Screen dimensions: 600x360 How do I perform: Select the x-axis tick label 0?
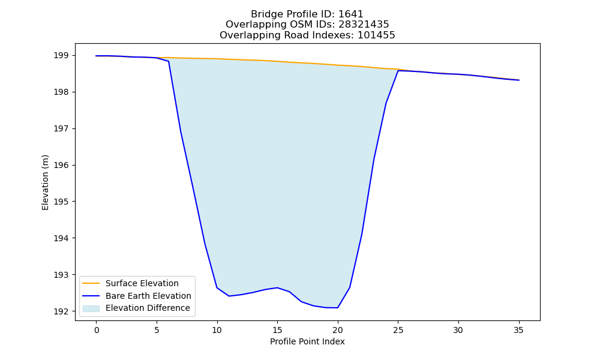pyautogui.click(x=97, y=330)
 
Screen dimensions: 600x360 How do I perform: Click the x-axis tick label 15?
pyautogui.click(x=277, y=330)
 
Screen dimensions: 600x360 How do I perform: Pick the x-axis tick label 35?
pyautogui.click(x=518, y=330)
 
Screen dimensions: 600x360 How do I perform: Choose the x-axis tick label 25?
pyautogui.click(x=398, y=330)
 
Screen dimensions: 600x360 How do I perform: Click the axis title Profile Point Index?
pyautogui.click(x=307, y=341)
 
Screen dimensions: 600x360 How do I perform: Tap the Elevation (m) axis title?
pyautogui.click(x=46, y=182)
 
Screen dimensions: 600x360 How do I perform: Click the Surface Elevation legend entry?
pyautogui.click(x=142, y=283)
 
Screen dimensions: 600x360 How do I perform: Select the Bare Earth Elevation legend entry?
pyautogui.click(x=148, y=296)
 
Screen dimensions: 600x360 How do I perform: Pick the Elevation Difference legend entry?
pyautogui.click(x=148, y=308)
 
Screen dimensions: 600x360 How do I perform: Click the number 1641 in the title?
pyautogui.click(x=351, y=14)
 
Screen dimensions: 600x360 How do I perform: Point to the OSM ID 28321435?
pyautogui.click(x=364, y=25)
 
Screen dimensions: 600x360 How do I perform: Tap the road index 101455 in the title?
pyautogui.click(x=376, y=35)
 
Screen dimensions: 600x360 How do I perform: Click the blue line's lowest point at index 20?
pyautogui.click(x=337, y=308)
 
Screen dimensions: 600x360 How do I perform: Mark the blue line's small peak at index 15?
pyautogui.click(x=277, y=287)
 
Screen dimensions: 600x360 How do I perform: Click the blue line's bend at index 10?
pyautogui.click(x=217, y=287)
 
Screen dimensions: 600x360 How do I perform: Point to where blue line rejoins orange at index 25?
pyautogui.click(x=398, y=70)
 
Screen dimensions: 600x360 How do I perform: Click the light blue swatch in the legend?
pyautogui.click(x=91, y=308)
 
